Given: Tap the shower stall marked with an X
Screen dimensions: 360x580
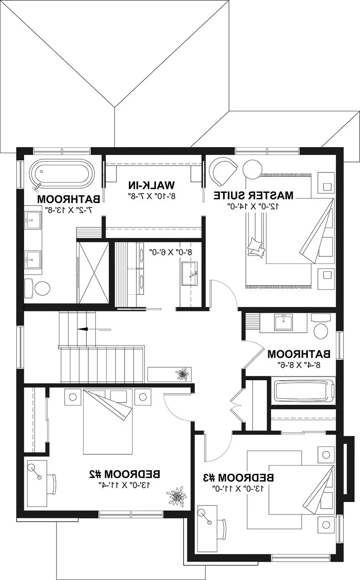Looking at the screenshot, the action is tap(94, 273).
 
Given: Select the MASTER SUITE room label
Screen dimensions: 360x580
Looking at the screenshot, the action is tap(253, 195).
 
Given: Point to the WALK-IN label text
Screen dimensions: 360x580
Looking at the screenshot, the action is tap(152, 185).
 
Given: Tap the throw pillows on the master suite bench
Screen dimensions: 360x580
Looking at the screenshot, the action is tap(256, 247).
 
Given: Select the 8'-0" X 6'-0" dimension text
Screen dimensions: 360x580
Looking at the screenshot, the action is tap(171, 252).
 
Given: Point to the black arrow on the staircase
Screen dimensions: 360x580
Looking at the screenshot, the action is tap(83, 329).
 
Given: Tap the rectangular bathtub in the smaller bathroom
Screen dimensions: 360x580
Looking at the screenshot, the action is tap(303, 394).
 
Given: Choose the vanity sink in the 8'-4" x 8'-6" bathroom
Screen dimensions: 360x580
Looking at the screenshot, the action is tap(283, 322).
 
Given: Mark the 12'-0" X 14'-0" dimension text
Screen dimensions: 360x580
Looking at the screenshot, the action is tap(253, 206).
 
